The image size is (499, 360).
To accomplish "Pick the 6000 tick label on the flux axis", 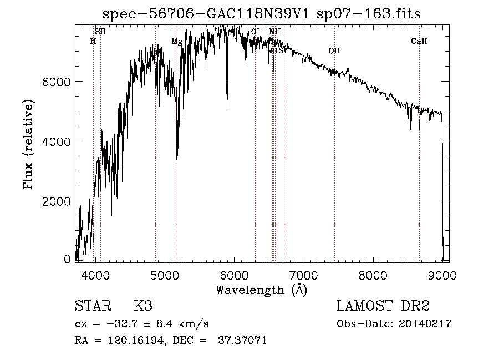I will tap(57, 82).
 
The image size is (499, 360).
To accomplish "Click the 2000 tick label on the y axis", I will tap(57, 201).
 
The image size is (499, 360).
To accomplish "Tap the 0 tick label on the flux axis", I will tap(67, 258).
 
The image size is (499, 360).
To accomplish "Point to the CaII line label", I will tap(419, 41).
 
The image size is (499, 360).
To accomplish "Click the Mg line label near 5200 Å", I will tap(176, 42).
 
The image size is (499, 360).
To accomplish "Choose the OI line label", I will tap(255, 32).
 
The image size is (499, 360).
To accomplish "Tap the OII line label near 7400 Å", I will tap(334, 51).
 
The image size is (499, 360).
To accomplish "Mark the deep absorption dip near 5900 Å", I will tap(227, 105).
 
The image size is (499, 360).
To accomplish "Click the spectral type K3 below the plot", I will tap(143, 306).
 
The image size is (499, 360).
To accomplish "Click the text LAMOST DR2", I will tap(383, 306).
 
